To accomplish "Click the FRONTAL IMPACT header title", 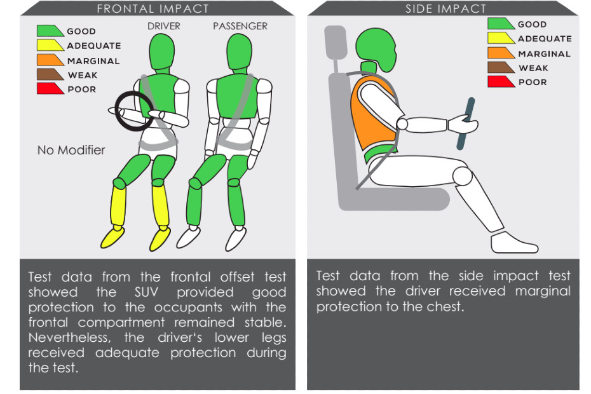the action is pos(153,9).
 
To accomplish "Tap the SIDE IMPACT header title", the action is pos(446,9).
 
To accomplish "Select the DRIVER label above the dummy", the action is pos(163,26).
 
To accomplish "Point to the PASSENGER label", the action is pos(240,26).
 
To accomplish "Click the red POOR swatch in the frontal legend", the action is pos(50,88).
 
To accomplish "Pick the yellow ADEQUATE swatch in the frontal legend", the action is pos(50,45).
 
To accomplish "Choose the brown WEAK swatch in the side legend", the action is pos(501,67).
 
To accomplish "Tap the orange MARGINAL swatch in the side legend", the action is pos(501,52).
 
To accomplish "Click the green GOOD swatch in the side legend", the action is pos(501,24).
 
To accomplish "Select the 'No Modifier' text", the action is pos(71,150).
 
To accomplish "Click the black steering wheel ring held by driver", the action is pos(116,111).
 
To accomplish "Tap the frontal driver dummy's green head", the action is pos(161,52).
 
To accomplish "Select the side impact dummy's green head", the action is pos(377,49).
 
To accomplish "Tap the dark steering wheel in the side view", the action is pos(465,124).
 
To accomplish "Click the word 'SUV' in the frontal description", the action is pos(146,292).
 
